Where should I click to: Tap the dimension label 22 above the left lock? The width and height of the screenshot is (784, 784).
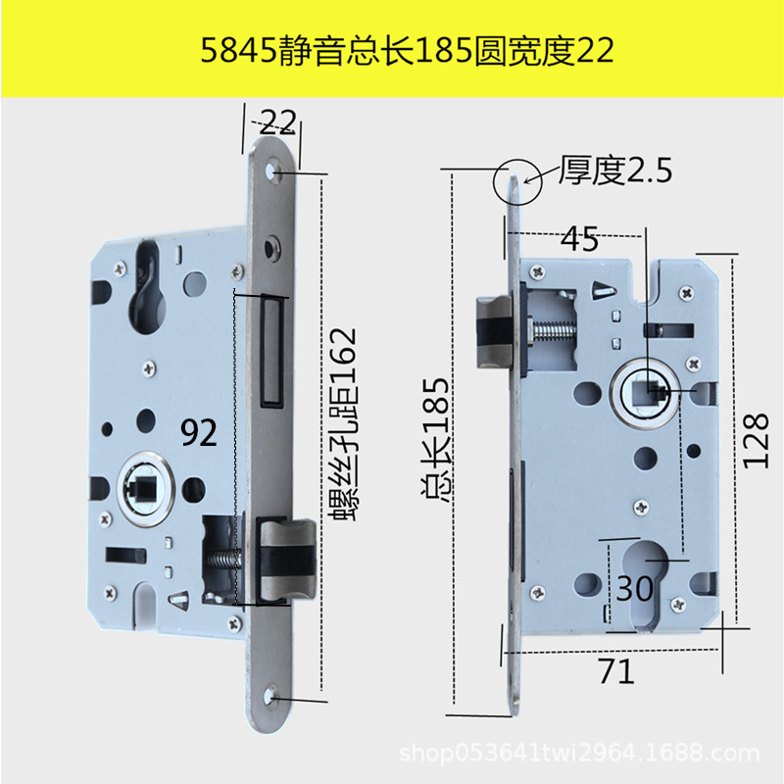(278, 122)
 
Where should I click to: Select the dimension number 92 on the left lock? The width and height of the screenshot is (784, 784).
(200, 432)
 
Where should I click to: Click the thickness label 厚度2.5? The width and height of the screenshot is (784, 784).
(614, 172)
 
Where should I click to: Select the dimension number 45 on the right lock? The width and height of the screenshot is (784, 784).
(581, 239)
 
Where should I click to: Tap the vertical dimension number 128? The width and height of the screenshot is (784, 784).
(756, 438)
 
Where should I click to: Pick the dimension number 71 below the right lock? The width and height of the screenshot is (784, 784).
(615, 671)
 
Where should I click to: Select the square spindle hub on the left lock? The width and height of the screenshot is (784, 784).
(140, 485)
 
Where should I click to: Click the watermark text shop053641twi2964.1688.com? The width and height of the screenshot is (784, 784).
(582, 754)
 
